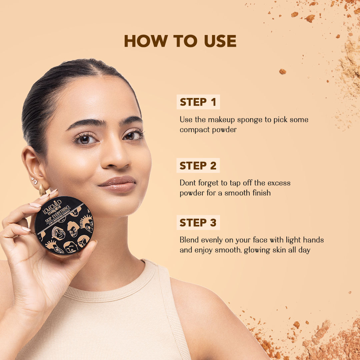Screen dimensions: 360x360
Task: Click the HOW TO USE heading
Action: (180, 41)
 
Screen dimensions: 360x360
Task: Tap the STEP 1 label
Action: (198, 102)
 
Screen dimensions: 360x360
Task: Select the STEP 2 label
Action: (198, 166)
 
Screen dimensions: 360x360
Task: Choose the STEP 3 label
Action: (198, 222)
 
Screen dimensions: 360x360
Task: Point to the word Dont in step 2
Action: (187, 183)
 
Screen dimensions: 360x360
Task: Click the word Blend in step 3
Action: (189, 240)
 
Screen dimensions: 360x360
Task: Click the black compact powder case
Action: (64, 225)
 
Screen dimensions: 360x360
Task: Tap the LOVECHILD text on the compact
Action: (52, 207)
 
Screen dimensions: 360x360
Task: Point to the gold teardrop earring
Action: (42, 190)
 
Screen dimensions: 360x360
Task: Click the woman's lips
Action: (118, 184)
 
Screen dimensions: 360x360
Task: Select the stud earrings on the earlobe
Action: (34, 181)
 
